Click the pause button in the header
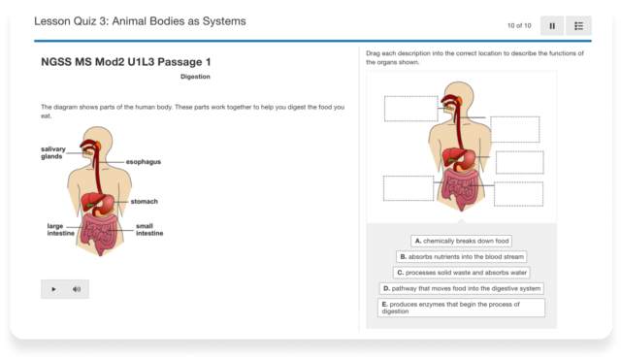point(552,25)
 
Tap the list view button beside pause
point(578,25)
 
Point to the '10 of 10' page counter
point(518,25)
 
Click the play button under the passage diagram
point(53,288)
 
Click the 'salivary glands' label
point(53,152)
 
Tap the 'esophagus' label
point(143,161)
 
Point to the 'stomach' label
point(144,201)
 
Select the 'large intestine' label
point(61,229)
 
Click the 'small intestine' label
point(149,229)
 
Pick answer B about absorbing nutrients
point(461,257)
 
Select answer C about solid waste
point(461,273)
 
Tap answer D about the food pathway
point(461,288)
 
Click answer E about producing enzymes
point(461,308)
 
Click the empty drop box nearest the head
point(410,109)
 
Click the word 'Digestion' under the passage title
point(195,77)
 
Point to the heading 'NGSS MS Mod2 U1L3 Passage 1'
point(126,61)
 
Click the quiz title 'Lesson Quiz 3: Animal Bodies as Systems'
point(140,20)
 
